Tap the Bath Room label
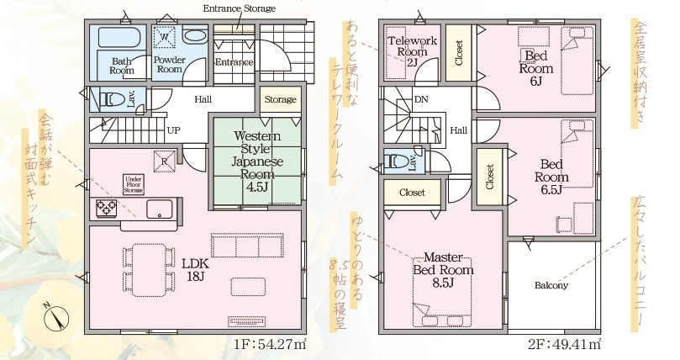(123, 66)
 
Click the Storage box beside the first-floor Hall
(280, 99)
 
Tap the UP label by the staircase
(173, 131)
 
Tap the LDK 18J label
(195, 268)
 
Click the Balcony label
(551, 285)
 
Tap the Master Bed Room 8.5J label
(442, 269)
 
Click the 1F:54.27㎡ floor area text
(271, 344)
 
